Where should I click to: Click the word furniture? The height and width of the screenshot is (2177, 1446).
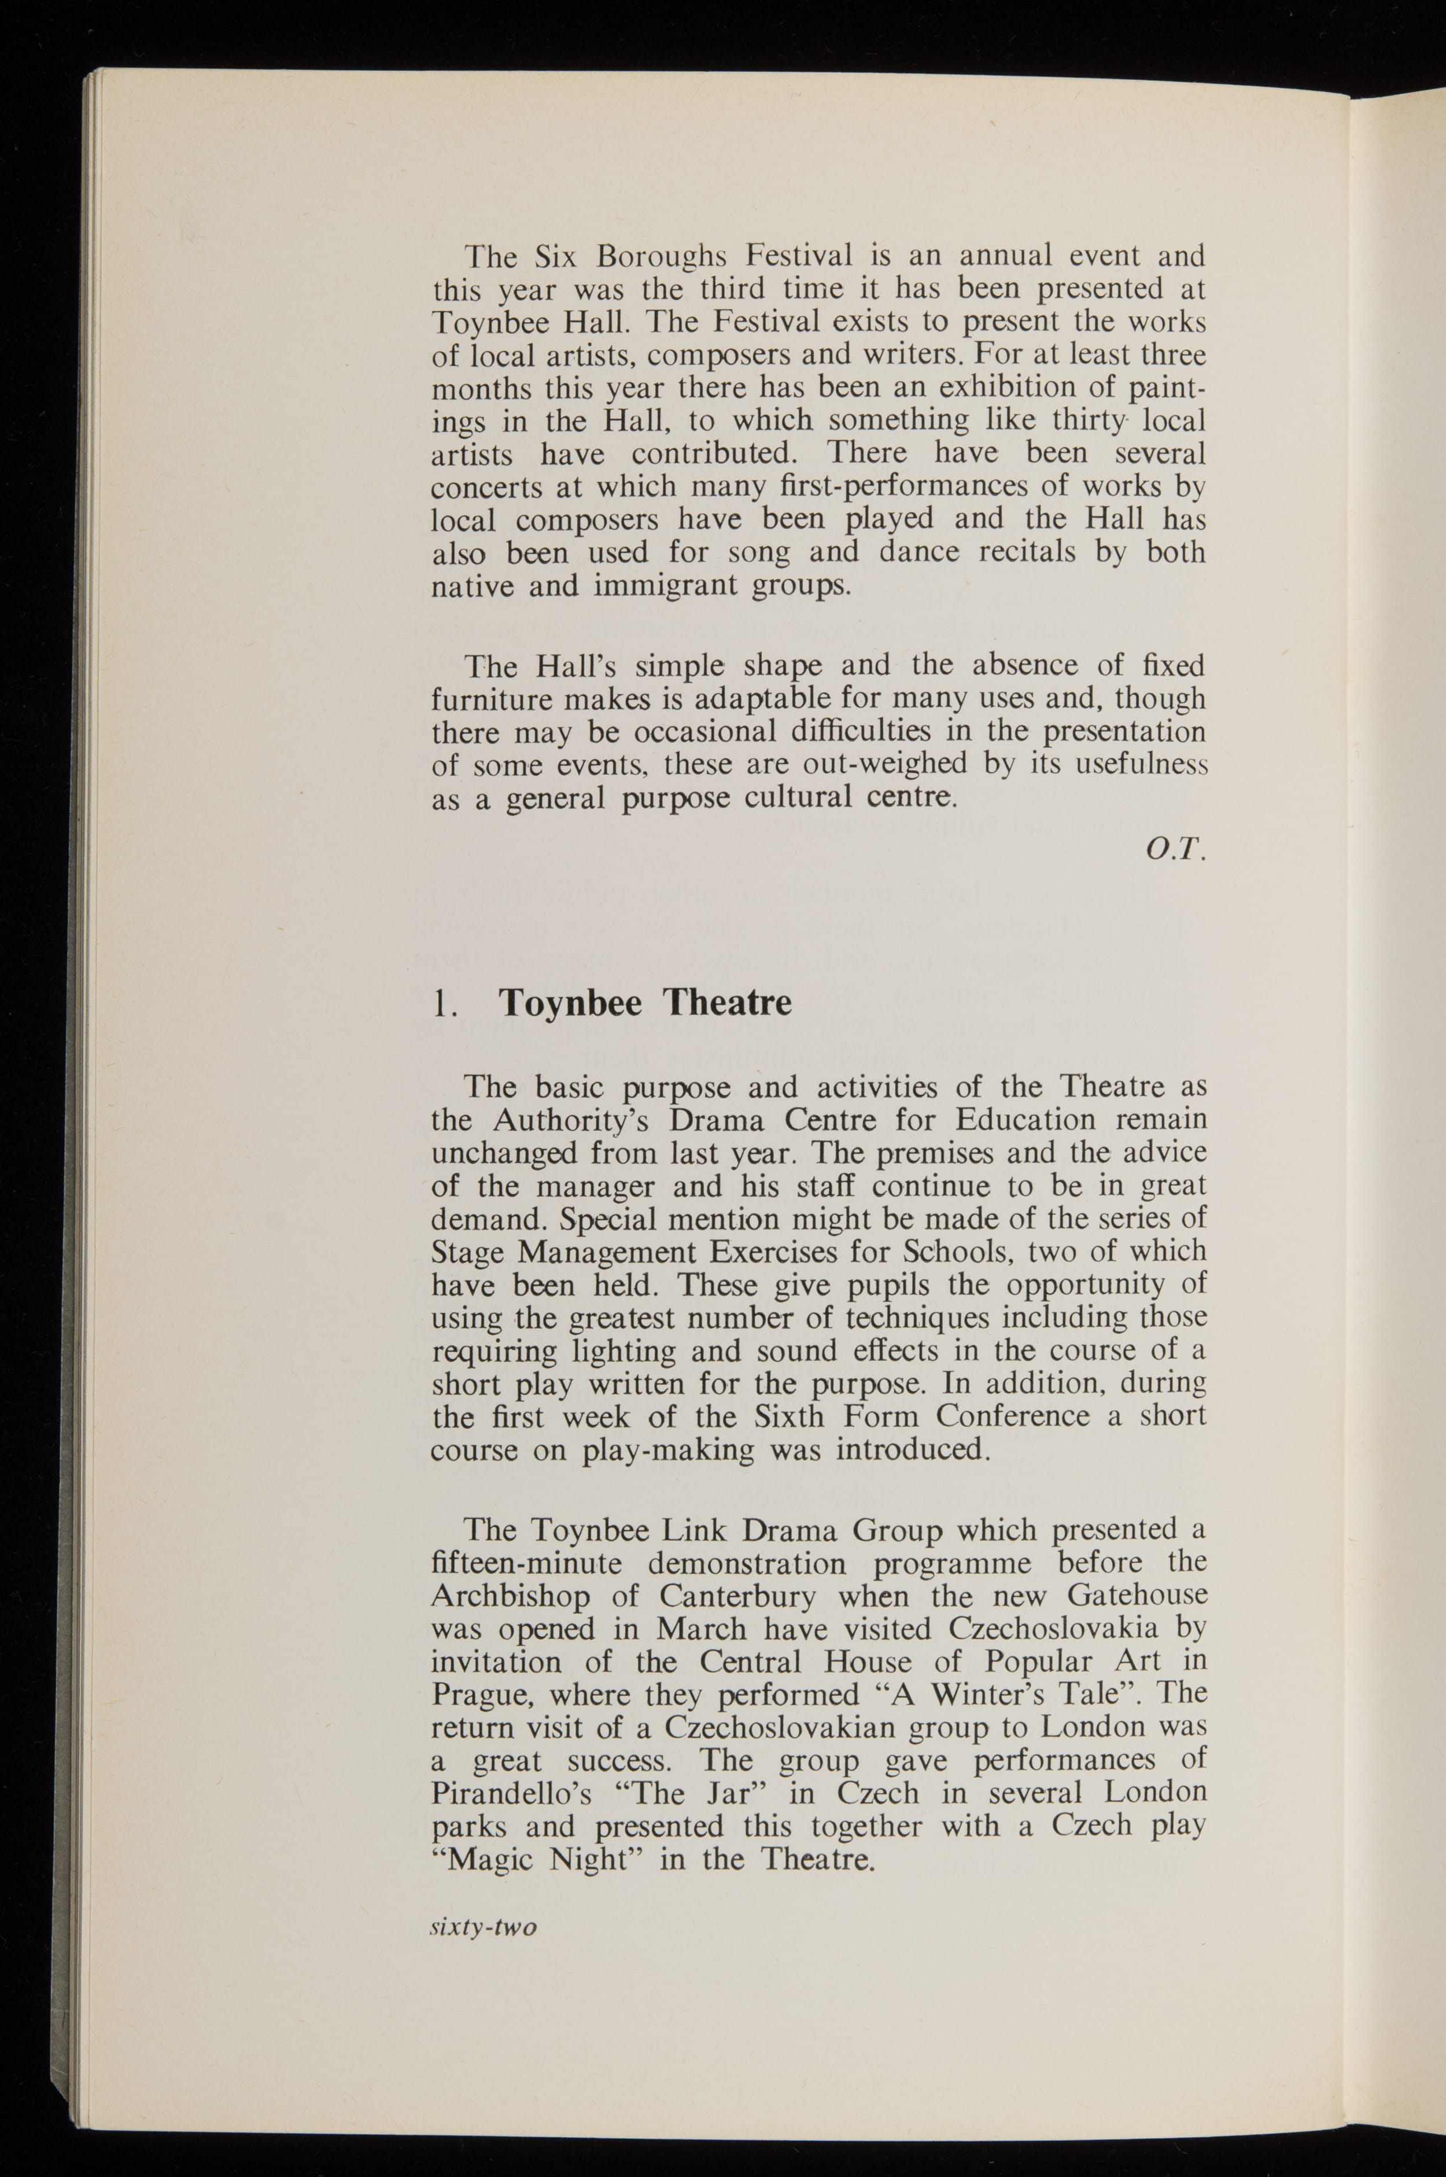(490, 699)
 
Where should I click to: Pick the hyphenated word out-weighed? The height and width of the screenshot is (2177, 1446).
(886, 765)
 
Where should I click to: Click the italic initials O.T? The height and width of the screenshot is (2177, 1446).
(1175, 850)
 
